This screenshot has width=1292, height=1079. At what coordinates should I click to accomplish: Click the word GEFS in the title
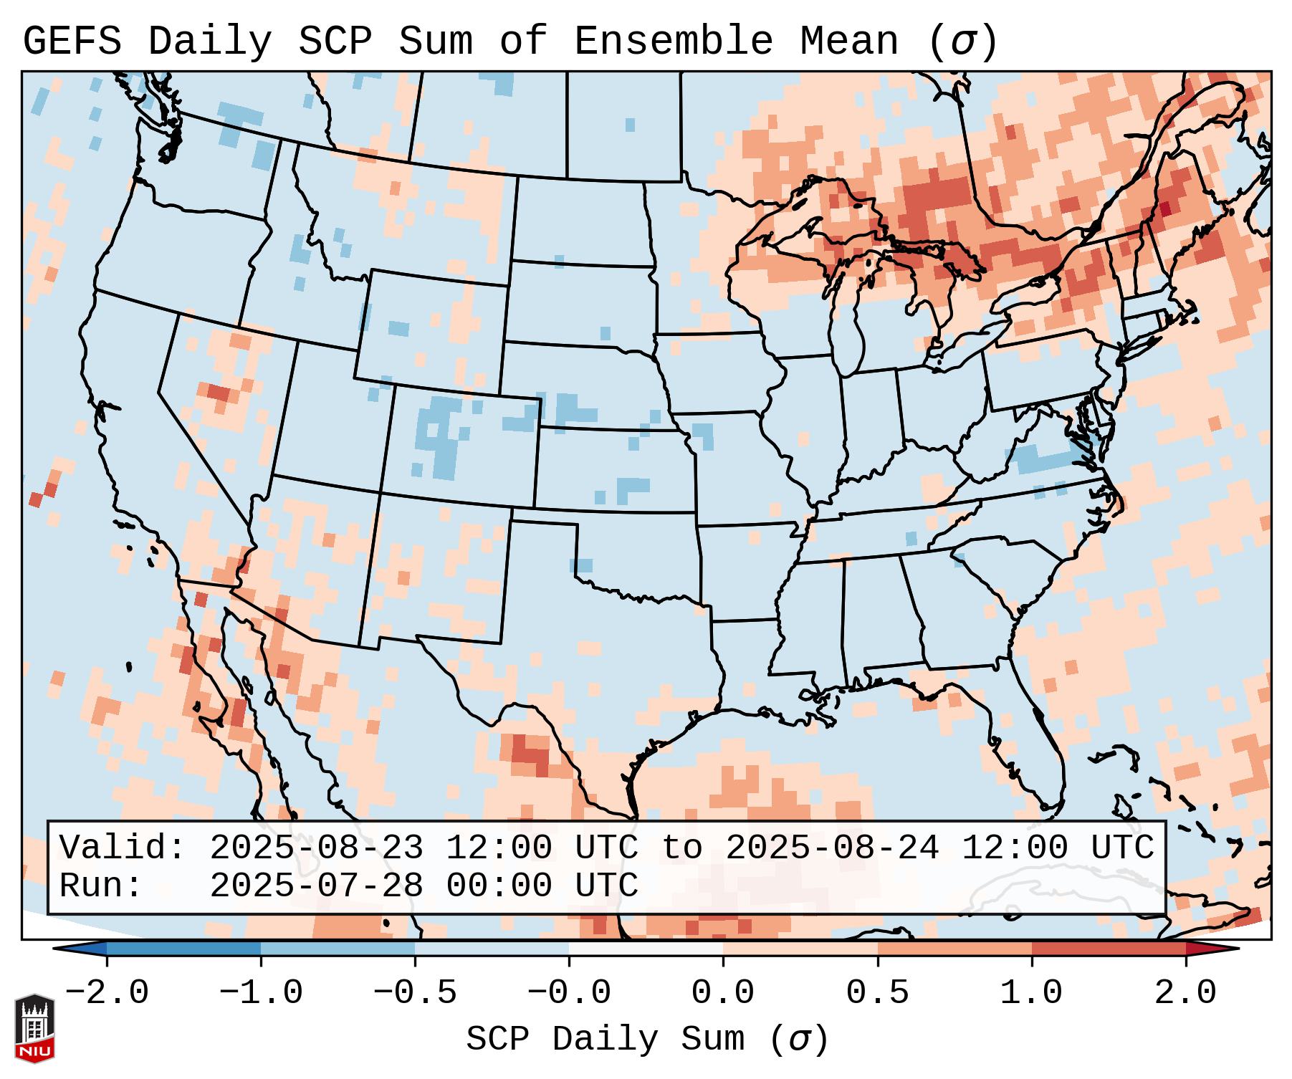click(x=72, y=42)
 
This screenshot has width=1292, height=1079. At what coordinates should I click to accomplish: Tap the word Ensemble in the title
click(x=673, y=42)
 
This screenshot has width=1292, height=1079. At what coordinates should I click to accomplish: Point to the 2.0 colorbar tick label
click(x=1185, y=993)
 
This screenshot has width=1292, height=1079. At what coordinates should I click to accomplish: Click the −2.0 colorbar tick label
click(x=107, y=993)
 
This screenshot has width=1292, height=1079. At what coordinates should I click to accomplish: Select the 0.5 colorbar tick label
click(x=877, y=993)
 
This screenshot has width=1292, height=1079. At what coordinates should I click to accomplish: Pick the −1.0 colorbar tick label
click(x=261, y=993)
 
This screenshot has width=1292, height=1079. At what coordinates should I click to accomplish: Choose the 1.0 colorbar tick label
click(x=1031, y=993)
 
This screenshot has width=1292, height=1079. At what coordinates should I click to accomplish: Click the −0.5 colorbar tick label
click(x=415, y=993)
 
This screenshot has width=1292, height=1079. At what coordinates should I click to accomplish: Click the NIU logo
click(x=34, y=1027)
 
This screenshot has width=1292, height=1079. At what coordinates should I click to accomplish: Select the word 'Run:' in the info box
click(x=101, y=886)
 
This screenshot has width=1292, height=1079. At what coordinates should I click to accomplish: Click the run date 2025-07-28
click(x=316, y=886)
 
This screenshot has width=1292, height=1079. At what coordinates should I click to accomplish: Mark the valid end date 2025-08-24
click(x=832, y=848)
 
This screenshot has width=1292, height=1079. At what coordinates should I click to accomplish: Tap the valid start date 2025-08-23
click(x=316, y=848)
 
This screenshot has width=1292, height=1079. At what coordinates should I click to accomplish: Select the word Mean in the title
click(x=849, y=42)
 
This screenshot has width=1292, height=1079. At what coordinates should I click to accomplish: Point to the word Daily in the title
click(x=210, y=42)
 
